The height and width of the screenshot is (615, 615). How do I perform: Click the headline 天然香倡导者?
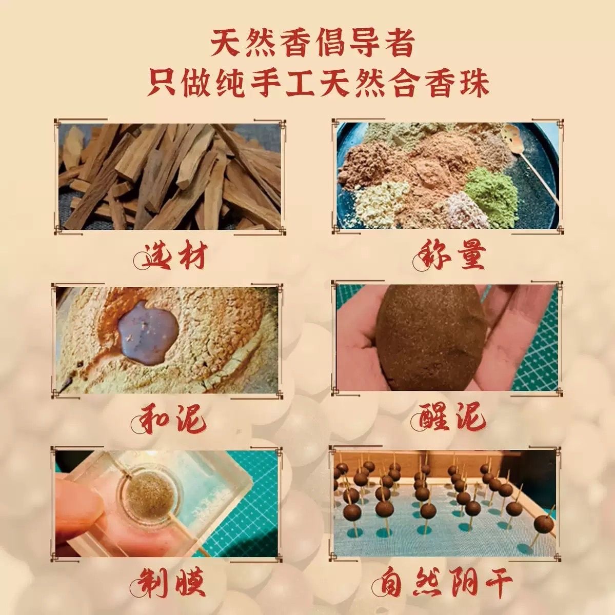click(312, 42)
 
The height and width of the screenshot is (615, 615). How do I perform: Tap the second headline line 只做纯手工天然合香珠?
click(318, 83)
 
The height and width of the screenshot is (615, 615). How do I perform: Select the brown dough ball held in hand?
click(416, 337)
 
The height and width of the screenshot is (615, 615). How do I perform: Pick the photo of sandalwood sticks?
click(169, 176)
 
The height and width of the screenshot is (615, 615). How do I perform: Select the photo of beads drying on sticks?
click(445, 503)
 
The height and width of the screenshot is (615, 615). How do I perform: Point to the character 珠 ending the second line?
click(474, 83)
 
